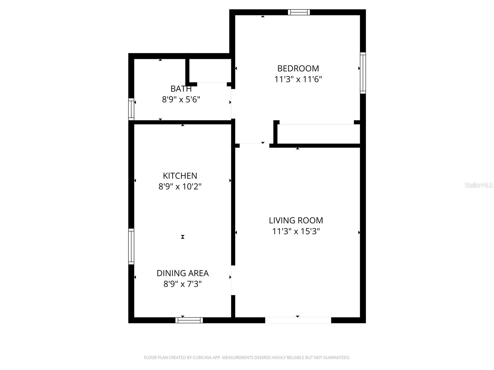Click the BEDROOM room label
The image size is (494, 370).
click(298, 68)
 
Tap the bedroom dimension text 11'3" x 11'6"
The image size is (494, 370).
click(298, 79)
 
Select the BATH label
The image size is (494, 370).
click(181, 89)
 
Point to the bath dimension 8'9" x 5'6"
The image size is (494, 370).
click(181, 100)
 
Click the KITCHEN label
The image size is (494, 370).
click(180, 176)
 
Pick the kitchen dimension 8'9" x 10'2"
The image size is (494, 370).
click(180, 187)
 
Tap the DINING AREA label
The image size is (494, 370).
click(182, 273)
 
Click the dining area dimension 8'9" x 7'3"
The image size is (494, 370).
click(182, 284)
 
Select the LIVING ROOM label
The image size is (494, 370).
click(296, 220)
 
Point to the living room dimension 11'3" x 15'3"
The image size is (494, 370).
click(296, 231)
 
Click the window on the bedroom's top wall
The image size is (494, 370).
click(299, 12)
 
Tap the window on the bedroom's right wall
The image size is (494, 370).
click(363, 73)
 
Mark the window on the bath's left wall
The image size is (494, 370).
click(131, 109)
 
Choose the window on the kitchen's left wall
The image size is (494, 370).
click(131, 247)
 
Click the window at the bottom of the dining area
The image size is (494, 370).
click(189, 320)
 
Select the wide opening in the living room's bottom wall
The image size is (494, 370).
click(298, 320)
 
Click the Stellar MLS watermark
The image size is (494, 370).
click(478, 185)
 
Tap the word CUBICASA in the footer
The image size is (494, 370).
click(203, 358)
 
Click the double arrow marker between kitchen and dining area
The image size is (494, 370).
click(183, 237)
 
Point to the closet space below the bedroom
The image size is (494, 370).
click(318, 134)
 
